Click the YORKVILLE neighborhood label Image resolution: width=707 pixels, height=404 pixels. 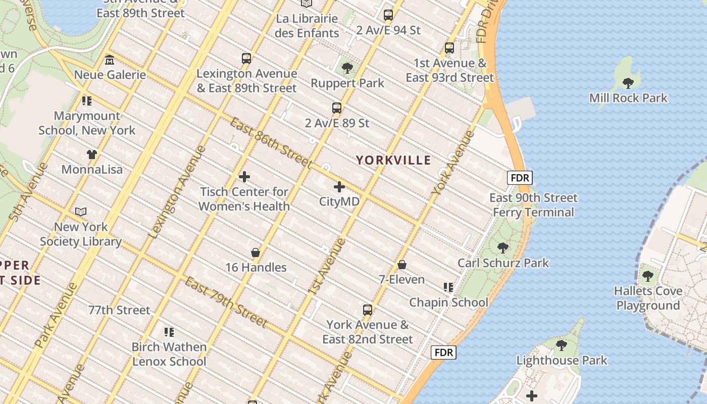pyautogui.click(x=393, y=161)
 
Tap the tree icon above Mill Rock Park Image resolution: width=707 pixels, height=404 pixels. pyautogui.click(x=628, y=83)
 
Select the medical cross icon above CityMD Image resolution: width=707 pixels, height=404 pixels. pyautogui.click(x=339, y=187)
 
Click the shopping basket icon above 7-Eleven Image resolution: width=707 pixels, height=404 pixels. pyautogui.click(x=402, y=265)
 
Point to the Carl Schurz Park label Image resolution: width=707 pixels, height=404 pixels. pyautogui.click(x=503, y=263)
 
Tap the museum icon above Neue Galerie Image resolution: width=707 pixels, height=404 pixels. pyautogui.click(x=110, y=61)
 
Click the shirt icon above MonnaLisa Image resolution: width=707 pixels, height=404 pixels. pyautogui.click(x=91, y=155)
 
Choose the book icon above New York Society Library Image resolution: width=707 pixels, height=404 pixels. pyautogui.click(x=81, y=212)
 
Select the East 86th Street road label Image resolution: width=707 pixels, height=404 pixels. pyautogui.click(x=271, y=143)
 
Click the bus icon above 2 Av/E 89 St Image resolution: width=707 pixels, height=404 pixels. pyautogui.click(x=337, y=108)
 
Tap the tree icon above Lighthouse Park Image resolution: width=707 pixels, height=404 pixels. pyautogui.click(x=561, y=346)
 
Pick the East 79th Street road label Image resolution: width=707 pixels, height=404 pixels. pyautogui.click(x=226, y=301)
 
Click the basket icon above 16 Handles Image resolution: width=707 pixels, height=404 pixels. pyautogui.click(x=256, y=252)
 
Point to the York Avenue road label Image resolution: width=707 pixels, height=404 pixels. pyautogui.click(x=453, y=163)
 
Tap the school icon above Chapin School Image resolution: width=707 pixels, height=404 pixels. pyautogui.click(x=448, y=287)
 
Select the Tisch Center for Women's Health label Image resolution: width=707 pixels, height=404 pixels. pyautogui.click(x=244, y=199)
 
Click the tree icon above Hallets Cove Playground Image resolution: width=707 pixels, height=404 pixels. pyautogui.click(x=648, y=276)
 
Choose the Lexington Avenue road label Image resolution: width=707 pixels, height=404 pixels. pyautogui.click(x=178, y=192)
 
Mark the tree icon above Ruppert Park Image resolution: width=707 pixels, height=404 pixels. pyautogui.click(x=347, y=68)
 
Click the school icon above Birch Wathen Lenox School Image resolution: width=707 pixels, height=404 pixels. pyautogui.click(x=169, y=332)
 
